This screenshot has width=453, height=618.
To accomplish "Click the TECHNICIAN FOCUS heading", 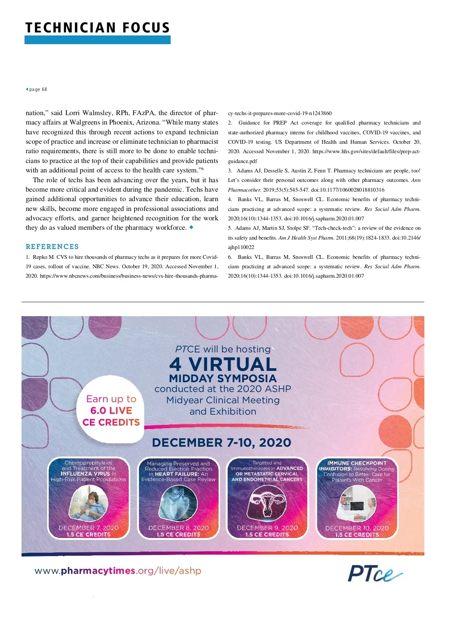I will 98,28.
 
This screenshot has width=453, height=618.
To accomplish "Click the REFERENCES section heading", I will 52,247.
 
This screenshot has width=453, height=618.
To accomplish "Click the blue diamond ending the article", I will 191,227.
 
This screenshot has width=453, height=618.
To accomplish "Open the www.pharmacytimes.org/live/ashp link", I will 118,570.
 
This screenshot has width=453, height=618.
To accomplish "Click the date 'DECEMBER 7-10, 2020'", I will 222,443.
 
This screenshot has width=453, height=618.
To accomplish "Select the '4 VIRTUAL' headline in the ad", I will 223,364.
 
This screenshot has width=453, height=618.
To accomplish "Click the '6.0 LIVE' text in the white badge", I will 111,410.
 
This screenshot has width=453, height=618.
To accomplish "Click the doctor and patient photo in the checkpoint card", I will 356,504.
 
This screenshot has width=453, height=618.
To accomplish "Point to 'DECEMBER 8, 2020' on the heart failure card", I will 178,528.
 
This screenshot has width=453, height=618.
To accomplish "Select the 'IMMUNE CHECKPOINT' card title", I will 357,463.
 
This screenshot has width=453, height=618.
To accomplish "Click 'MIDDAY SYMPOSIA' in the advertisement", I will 223,378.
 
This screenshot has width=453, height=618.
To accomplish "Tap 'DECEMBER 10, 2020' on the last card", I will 357,528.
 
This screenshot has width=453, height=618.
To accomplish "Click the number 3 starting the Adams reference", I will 230,171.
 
